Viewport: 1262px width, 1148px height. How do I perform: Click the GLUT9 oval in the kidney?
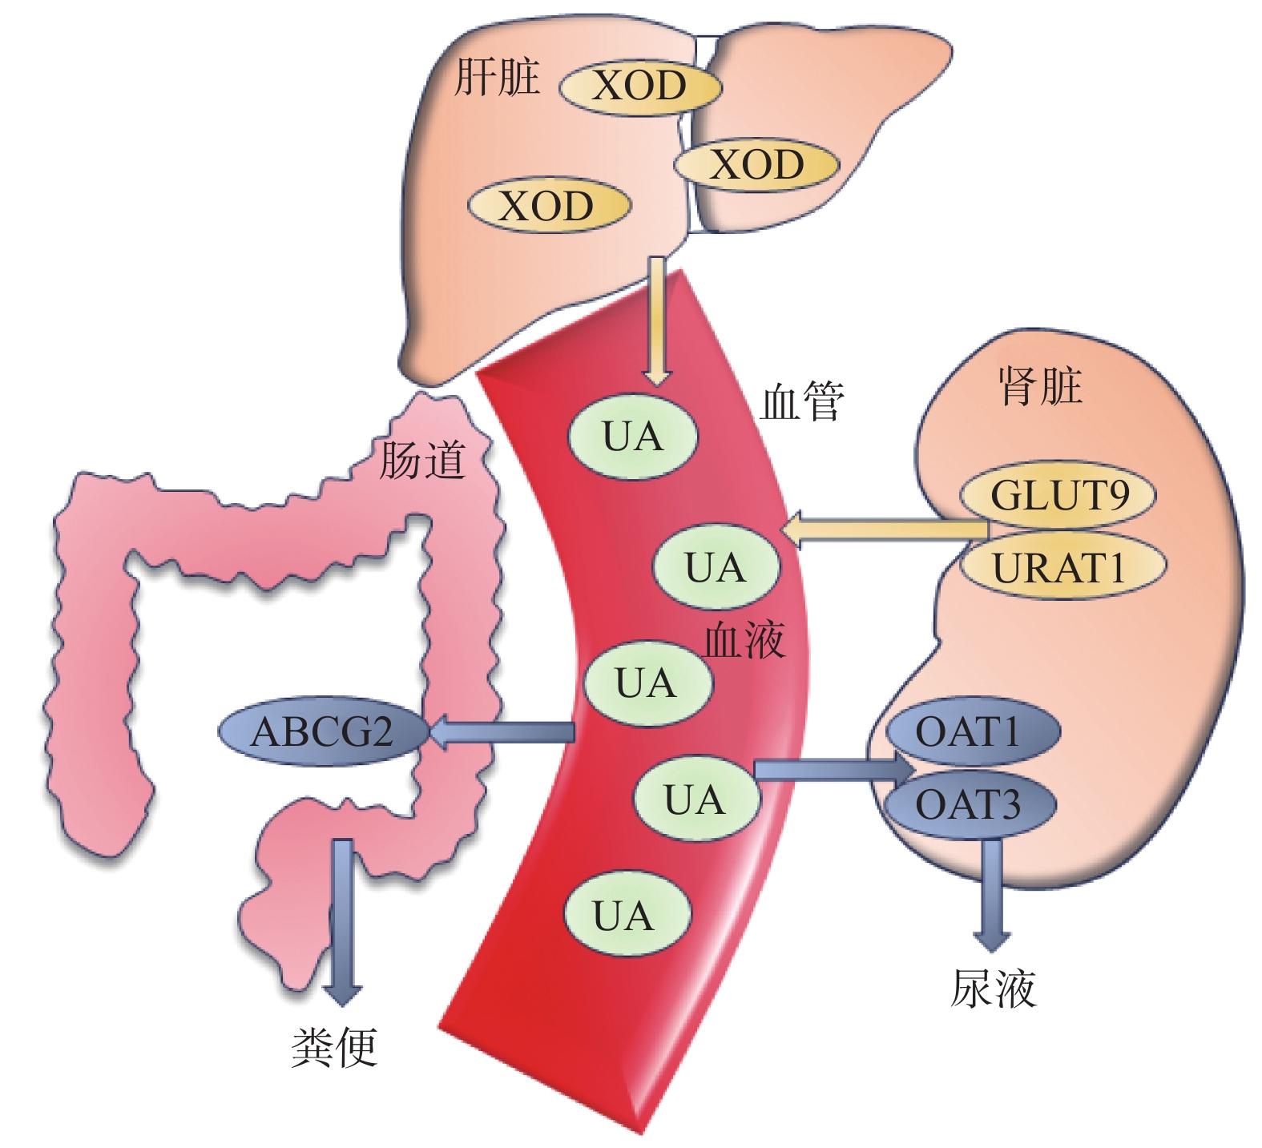coord(1058,494)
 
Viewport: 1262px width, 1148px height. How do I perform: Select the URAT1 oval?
coord(1062,567)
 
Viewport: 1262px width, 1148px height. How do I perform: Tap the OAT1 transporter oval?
coord(972,731)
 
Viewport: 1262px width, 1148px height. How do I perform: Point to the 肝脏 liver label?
coord(497,78)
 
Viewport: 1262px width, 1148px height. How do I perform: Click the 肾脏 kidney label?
coord(1040,386)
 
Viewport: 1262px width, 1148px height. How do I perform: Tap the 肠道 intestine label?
coord(421,460)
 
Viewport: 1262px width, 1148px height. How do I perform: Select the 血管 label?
coord(802,401)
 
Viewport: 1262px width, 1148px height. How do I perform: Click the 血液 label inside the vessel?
coord(744,641)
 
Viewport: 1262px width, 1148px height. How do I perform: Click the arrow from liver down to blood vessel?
coord(657,320)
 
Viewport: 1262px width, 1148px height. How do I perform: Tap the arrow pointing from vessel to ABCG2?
coord(505,732)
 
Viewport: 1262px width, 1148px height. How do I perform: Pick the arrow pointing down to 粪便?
coord(343,921)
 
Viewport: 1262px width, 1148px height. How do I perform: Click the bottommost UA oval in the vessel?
coord(627,915)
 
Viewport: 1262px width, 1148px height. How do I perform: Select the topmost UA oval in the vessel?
coord(633,437)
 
